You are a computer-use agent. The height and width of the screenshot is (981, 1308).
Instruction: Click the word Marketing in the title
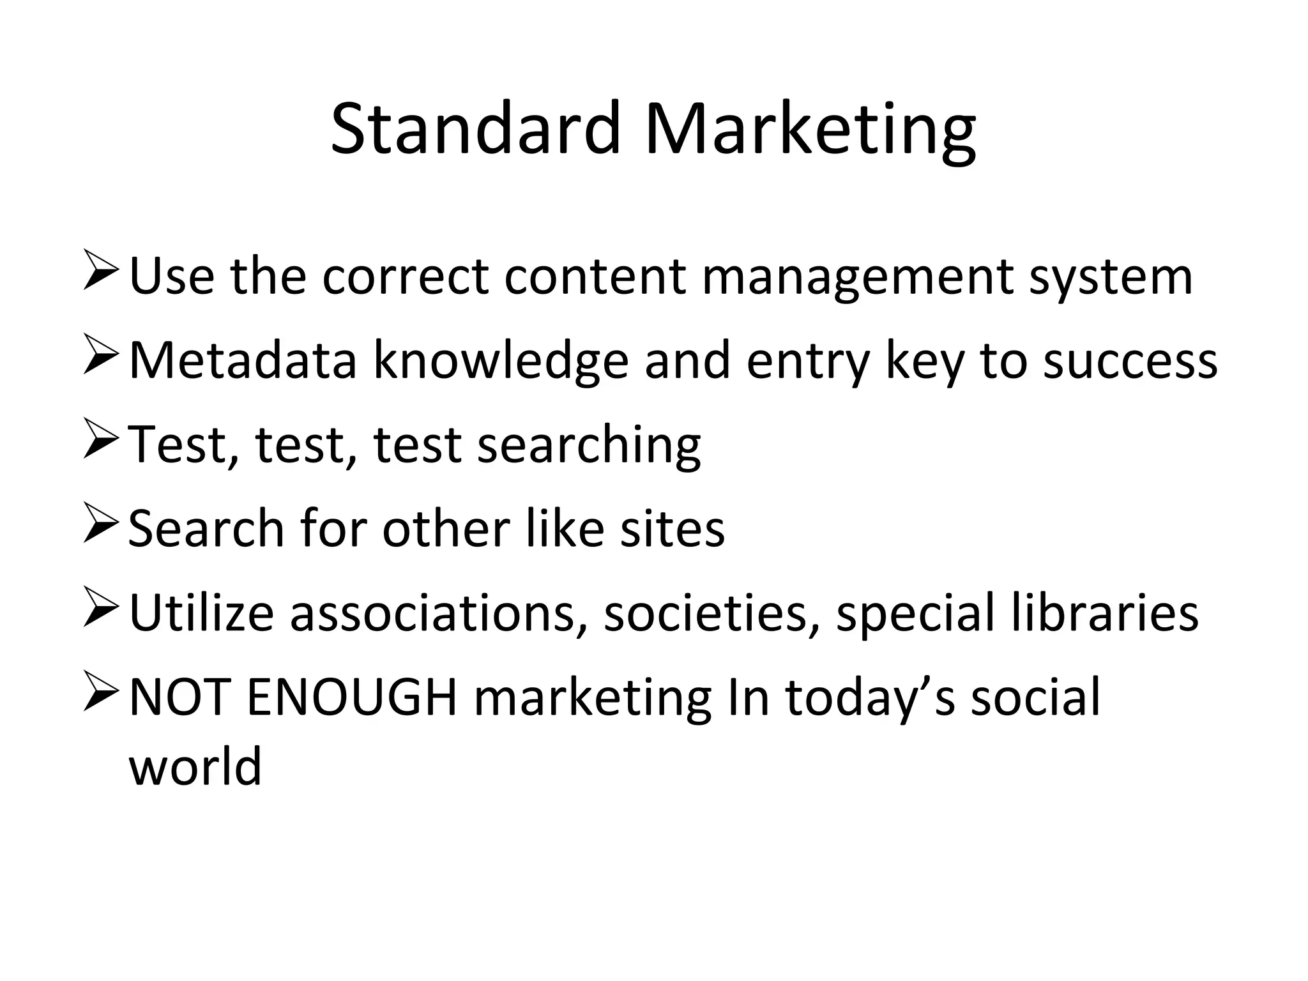[810, 131]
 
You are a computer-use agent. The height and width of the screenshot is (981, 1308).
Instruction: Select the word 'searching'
[589, 446]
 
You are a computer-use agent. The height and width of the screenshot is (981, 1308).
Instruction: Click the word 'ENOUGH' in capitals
[352, 697]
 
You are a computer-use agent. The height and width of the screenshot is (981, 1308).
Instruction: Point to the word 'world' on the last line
[195, 766]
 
